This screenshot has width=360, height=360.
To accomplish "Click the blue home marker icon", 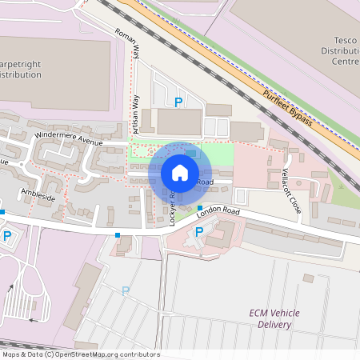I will pos(180,172).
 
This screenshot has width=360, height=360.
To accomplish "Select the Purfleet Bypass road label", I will pos(291,105).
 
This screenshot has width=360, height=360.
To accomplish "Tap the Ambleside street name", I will pos(38,196).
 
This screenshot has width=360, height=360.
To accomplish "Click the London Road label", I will pos(218,212).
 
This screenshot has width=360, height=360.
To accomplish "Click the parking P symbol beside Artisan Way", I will pos(178,102).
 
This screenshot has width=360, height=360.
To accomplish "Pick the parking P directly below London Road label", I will pos(199,231).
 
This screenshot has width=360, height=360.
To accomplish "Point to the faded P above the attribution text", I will pos(125,290).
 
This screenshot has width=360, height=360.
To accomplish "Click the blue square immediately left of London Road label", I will pos(200,208).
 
